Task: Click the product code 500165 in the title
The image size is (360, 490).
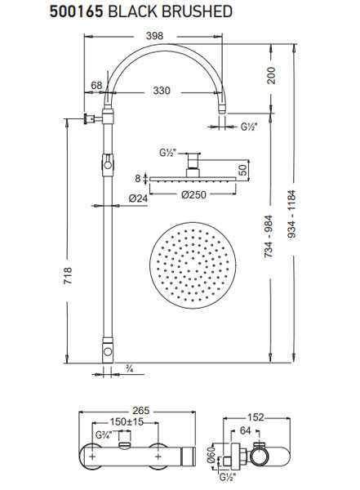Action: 76,11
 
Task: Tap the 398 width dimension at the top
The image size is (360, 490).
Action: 154,36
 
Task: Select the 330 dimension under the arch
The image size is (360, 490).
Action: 162,91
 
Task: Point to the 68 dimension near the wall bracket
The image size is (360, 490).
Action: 96,85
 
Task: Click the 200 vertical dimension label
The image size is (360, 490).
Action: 271,75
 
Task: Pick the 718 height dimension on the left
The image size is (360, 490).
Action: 68,275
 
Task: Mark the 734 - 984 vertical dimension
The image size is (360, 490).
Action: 269,237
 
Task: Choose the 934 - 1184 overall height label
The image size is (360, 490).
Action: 291,214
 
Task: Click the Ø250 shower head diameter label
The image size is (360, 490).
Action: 193,194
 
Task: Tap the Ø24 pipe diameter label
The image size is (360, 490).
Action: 138,198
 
